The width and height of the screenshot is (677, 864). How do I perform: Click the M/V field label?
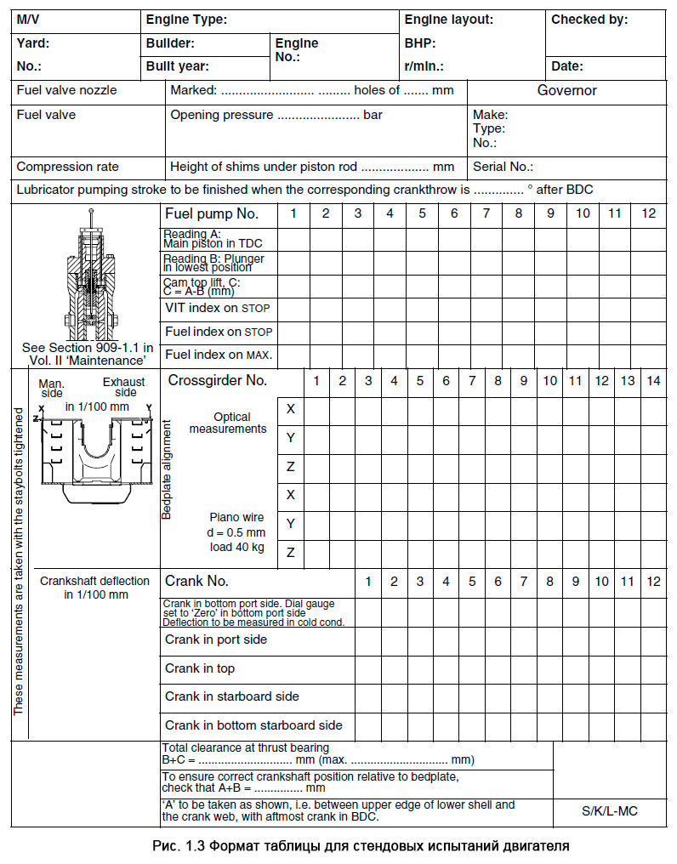[x=28, y=19]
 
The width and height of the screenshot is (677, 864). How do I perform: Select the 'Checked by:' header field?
[x=589, y=19]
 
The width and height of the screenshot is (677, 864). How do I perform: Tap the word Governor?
[x=566, y=90]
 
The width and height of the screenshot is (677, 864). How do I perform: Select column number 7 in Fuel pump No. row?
[x=486, y=213]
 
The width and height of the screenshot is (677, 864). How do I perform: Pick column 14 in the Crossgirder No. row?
[x=652, y=381]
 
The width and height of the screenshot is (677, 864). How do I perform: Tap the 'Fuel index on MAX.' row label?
[x=219, y=354]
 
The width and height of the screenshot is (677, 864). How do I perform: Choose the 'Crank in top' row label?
[x=200, y=668]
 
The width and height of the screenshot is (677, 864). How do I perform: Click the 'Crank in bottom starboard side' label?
[x=253, y=725]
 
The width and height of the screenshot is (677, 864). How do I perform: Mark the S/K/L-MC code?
[x=610, y=810]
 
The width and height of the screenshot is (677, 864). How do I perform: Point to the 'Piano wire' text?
[x=236, y=517]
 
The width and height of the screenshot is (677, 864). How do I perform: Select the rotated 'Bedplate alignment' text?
[x=167, y=469]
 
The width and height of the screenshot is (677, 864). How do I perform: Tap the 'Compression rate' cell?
[x=68, y=168]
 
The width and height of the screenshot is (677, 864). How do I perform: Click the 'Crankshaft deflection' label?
[x=94, y=582]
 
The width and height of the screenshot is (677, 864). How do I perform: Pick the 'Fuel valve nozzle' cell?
[x=67, y=90]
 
